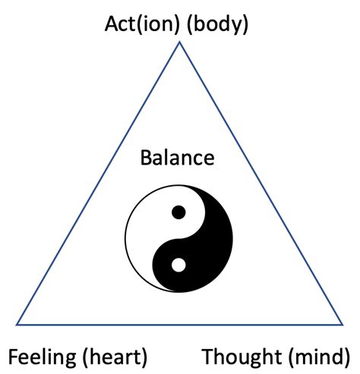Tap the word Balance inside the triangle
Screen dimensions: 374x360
tap(178, 159)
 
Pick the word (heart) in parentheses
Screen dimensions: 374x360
tap(115, 356)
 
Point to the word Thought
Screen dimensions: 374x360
tap(240, 356)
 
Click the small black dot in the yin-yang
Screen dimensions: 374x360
tap(178, 212)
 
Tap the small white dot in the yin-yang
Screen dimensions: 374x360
tap(178, 266)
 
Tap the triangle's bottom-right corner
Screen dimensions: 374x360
tap(343, 325)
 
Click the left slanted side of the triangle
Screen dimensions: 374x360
tap(98, 184)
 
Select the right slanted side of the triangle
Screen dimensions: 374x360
tap(261, 184)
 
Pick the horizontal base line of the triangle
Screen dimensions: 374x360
tap(179, 325)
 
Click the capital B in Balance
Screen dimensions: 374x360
tap(146, 159)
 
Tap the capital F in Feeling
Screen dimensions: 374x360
tap(13, 356)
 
